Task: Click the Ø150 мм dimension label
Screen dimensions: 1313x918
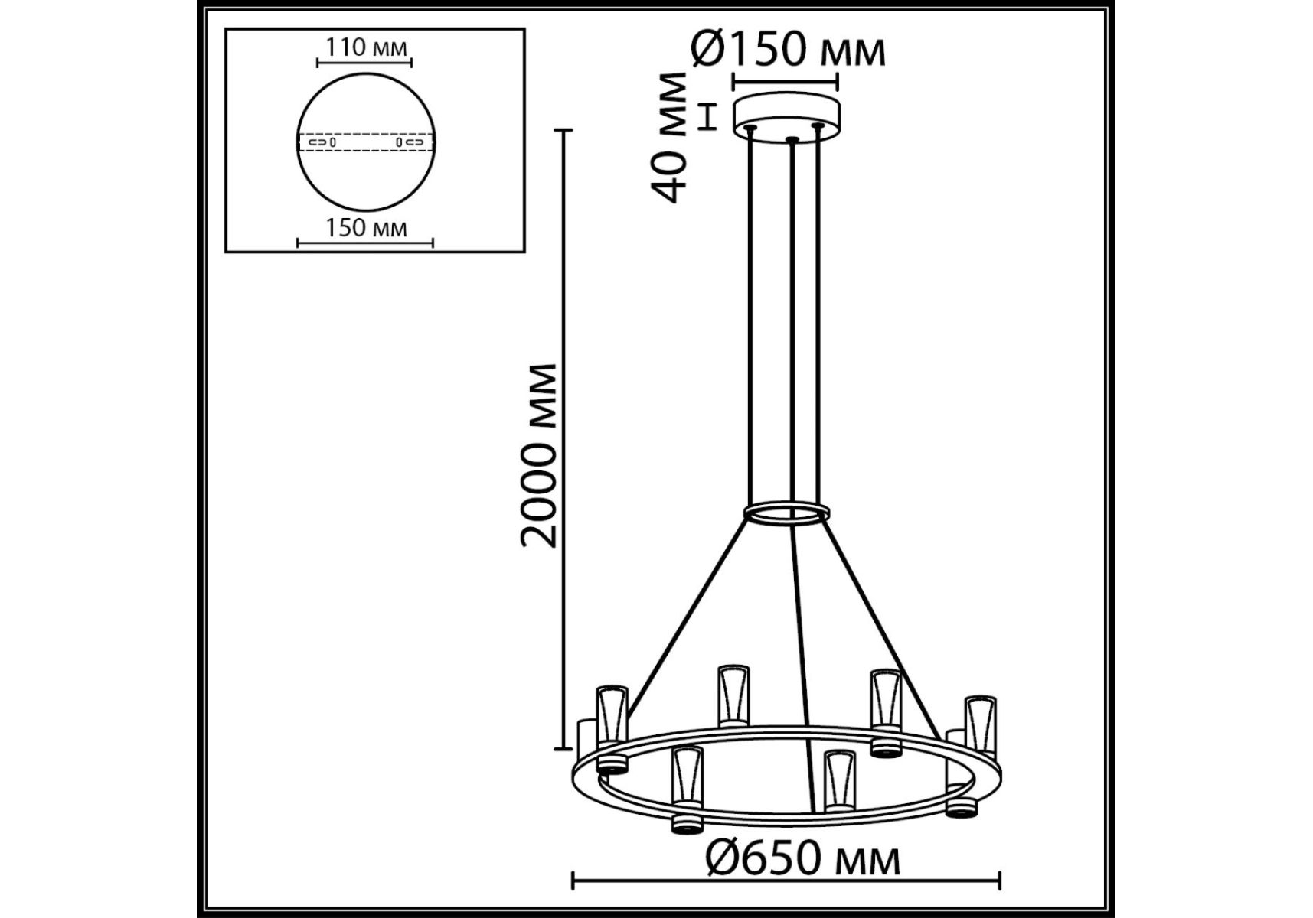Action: point(788,50)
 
